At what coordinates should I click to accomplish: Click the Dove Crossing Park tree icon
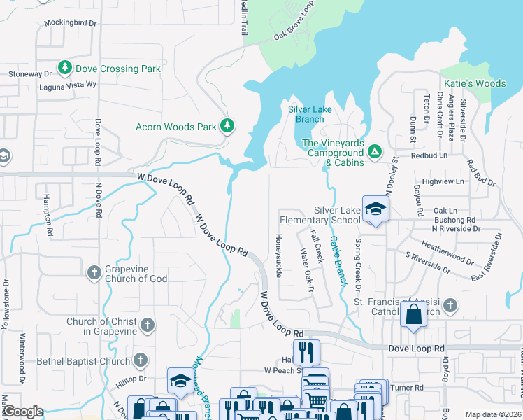[x=65, y=68]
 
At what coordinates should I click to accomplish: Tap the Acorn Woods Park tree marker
[x=227, y=126]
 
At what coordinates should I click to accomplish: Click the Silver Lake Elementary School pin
[x=375, y=209]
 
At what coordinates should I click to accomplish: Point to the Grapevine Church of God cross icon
[x=94, y=272]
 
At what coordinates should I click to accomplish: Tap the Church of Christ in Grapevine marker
[x=147, y=325]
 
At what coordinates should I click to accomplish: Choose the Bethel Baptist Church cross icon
[x=140, y=360]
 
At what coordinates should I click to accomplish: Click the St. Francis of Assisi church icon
[x=450, y=305]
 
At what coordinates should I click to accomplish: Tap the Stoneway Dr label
[x=30, y=73]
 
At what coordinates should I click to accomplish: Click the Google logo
[x=23, y=412]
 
